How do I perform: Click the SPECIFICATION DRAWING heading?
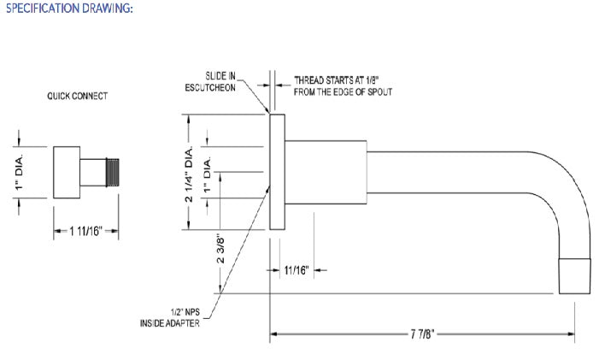(69, 8)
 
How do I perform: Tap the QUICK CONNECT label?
(78, 96)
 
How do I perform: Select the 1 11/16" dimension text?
(86, 231)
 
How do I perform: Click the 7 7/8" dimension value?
(422, 334)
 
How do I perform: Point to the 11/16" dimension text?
(297, 270)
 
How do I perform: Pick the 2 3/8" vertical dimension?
(220, 251)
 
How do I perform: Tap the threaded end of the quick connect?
(112, 173)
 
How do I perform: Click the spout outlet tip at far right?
(574, 276)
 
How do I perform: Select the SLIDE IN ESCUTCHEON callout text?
(210, 82)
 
